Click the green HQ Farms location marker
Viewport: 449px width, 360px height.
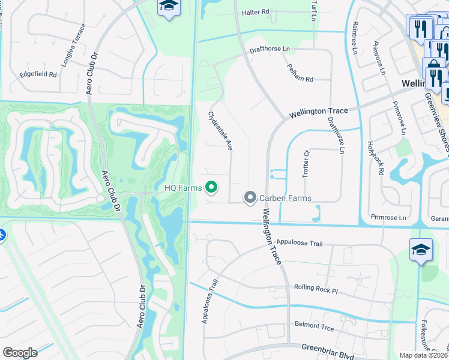pos(211,188)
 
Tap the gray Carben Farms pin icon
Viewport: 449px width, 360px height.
pos(250,197)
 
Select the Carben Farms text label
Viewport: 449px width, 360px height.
pos(285,197)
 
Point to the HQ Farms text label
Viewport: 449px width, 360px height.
pos(183,188)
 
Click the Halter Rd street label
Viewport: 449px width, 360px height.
pos(256,12)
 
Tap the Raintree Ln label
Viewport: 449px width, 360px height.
pos(355,38)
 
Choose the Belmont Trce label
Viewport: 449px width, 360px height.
pos(313,325)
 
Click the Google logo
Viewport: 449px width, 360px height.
pos(20,353)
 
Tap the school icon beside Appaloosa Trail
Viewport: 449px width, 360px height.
pos(421,250)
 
